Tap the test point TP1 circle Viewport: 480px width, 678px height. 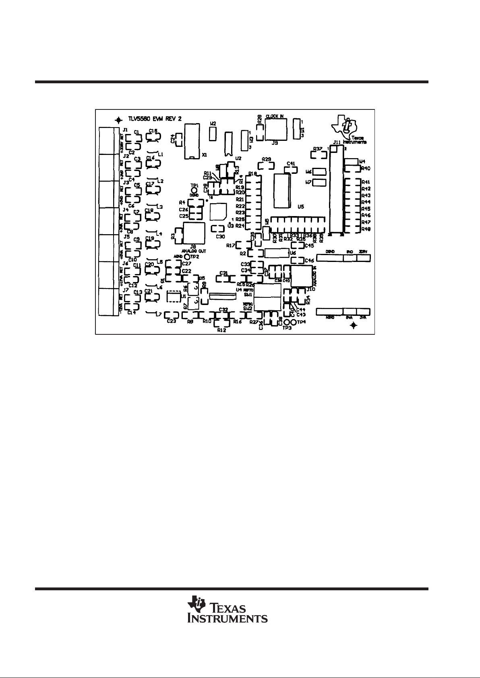194,190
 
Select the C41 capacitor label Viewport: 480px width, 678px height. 291,164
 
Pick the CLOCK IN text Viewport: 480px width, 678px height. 275,116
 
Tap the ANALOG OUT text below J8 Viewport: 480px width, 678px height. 194,250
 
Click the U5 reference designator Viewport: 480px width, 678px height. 300,206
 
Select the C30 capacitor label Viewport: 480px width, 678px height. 220,237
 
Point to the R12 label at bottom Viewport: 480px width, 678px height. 221,330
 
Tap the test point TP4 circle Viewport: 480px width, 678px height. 294,323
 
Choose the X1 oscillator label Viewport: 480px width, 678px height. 204,155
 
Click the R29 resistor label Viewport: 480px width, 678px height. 266,159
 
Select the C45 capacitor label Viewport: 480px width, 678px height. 309,245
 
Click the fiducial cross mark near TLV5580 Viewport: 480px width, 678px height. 118,120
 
